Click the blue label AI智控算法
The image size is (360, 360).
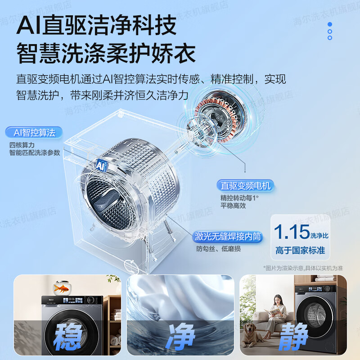click(x=34, y=133)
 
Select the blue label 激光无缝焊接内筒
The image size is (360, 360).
click(x=228, y=237)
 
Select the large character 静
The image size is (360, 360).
click(x=293, y=336)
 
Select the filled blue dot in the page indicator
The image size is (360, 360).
click(x=330, y=24)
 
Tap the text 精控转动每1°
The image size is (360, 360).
click(x=239, y=198)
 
